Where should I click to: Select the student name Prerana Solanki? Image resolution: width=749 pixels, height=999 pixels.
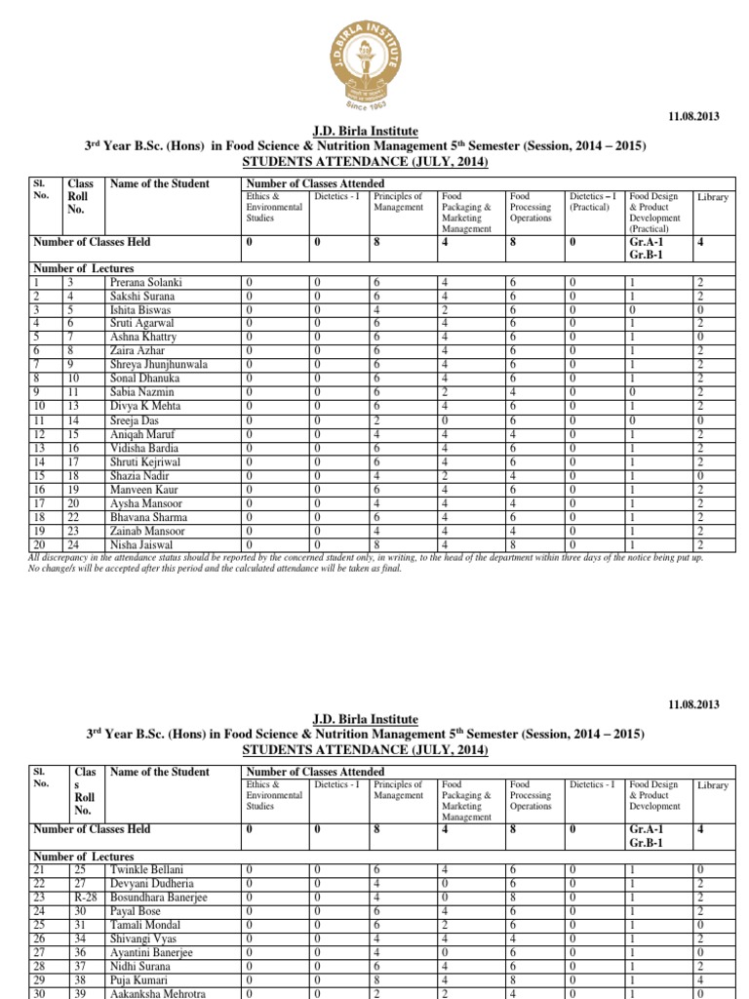pos(147,283)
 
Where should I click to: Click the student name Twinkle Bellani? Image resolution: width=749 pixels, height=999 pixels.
pos(146,869)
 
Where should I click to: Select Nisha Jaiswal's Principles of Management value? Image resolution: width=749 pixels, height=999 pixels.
pos(375,545)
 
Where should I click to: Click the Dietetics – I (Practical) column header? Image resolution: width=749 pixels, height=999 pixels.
pos(593,202)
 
